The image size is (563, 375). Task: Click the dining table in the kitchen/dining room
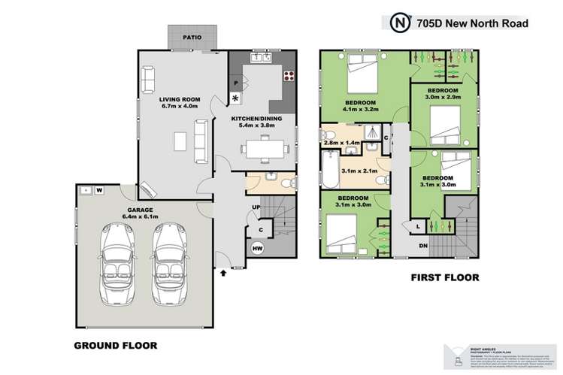pyautogui.click(x=265, y=151)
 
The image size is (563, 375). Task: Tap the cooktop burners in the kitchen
pyautogui.click(x=287, y=76)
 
